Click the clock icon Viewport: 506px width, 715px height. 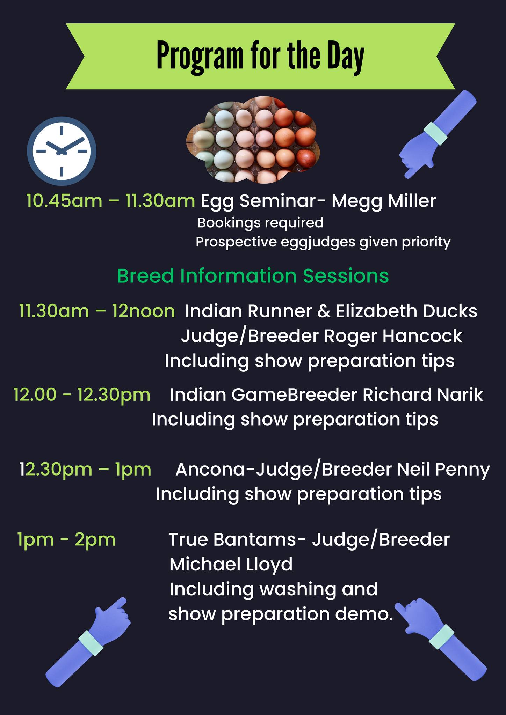[62, 151]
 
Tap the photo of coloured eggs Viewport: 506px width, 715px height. [253, 140]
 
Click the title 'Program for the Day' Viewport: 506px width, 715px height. [260, 56]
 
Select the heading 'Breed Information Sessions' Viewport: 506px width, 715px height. [253, 276]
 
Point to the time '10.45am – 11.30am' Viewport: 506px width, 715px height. [111, 201]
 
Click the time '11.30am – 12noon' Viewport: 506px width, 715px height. [97, 311]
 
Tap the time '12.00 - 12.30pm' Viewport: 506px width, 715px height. [82, 395]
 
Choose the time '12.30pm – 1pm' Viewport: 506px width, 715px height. [85, 469]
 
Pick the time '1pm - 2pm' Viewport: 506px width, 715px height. [66, 539]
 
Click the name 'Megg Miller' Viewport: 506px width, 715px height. [384, 201]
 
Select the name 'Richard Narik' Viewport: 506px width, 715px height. [423, 395]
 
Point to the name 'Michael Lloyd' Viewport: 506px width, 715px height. [231, 565]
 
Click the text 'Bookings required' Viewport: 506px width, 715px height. [260, 223]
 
